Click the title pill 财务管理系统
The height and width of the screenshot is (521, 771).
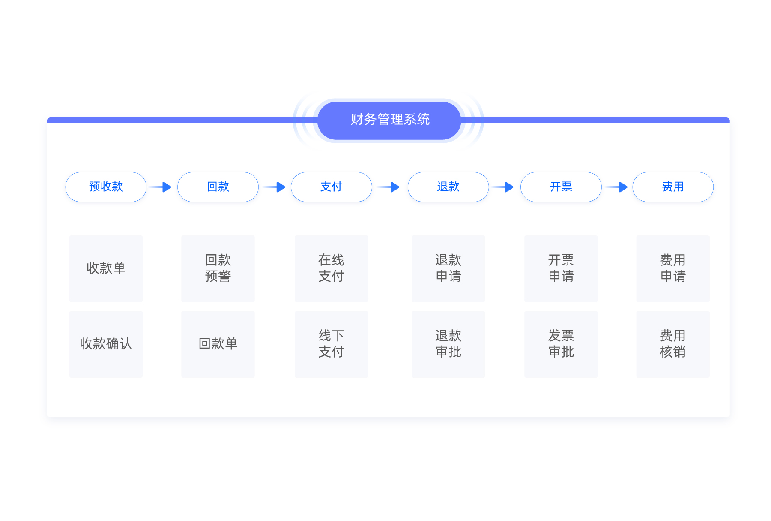click(x=389, y=120)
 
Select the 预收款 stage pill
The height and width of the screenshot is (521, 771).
click(x=106, y=187)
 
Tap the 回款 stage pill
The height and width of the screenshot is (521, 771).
click(x=218, y=187)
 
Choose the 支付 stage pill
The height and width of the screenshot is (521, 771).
click(x=332, y=187)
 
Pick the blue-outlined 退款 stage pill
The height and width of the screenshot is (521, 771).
click(x=448, y=187)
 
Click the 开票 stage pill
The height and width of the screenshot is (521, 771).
click(x=561, y=187)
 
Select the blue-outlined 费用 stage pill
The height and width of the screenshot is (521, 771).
click(x=673, y=187)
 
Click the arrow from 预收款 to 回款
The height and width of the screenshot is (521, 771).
click(x=161, y=187)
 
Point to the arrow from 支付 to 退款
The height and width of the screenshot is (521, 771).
click(x=389, y=187)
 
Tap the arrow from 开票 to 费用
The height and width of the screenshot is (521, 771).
click(x=617, y=187)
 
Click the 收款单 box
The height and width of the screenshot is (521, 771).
click(x=106, y=268)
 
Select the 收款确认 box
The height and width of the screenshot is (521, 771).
click(x=106, y=344)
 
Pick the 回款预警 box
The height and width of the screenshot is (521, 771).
click(x=218, y=268)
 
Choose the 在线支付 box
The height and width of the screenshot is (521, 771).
click(x=332, y=268)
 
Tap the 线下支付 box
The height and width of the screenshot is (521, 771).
click(x=332, y=344)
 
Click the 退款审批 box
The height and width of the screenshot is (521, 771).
click(x=448, y=344)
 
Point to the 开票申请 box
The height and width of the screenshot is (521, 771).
click(x=561, y=268)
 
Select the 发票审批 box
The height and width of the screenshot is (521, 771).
click(x=561, y=344)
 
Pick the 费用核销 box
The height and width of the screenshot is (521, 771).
click(x=673, y=344)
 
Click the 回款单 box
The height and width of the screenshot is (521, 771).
click(x=218, y=344)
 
